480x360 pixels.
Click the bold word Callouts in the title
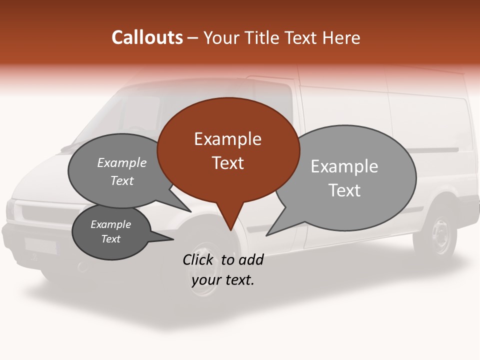pyautogui.click(x=147, y=37)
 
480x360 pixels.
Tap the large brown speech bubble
pyautogui.click(x=228, y=150)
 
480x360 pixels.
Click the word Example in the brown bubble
pyautogui.click(x=227, y=138)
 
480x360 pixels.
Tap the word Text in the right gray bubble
pyautogui.click(x=344, y=190)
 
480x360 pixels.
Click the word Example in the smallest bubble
pyautogui.click(x=110, y=224)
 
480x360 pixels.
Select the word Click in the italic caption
pyautogui.click(x=199, y=259)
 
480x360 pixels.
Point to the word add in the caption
pyautogui.click(x=250, y=259)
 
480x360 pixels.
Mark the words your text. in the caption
pyautogui.click(x=222, y=279)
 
